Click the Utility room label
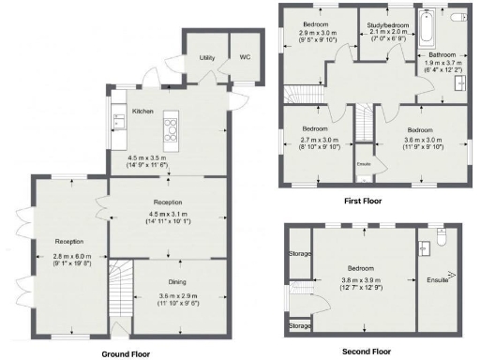(207, 57)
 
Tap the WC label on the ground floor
(246, 57)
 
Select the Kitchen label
(142, 111)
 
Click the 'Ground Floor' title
(126, 354)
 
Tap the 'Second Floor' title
(368, 352)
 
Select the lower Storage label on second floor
(300, 325)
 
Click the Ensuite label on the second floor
(438, 279)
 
